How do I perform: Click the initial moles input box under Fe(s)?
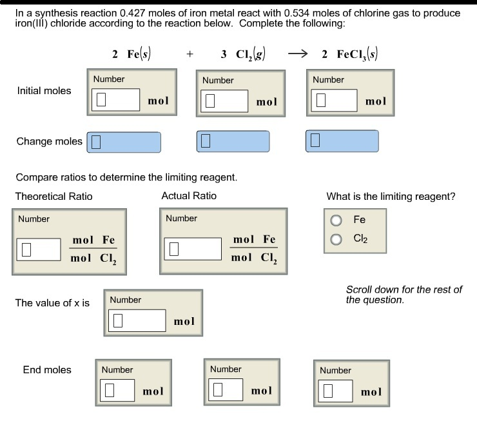click(115, 101)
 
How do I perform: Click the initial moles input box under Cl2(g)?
click(224, 101)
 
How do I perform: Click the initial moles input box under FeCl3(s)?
click(334, 101)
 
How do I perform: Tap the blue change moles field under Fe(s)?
click(124, 142)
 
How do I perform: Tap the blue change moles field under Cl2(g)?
click(233, 141)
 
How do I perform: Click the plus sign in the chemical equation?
click(190, 55)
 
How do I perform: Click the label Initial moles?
click(44, 90)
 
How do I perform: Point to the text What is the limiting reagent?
click(391, 197)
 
